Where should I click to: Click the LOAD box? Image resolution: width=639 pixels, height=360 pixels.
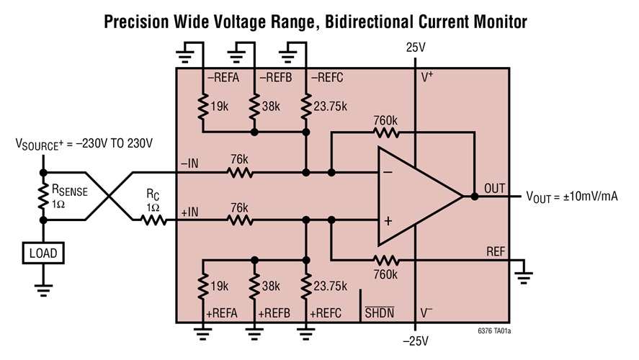coord(43,253)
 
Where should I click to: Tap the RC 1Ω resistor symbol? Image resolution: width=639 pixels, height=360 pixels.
coord(153,220)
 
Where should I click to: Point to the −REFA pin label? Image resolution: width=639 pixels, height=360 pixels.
coord(223,78)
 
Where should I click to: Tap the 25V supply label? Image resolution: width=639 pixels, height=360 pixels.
coord(416,48)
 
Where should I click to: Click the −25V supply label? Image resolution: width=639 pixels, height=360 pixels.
coord(416,341)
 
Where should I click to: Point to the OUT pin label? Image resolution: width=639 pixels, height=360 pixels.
coord(495,188)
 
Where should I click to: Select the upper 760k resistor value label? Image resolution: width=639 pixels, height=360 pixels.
coord(386,120)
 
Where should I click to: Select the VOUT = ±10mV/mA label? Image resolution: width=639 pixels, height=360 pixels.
coord(572,196)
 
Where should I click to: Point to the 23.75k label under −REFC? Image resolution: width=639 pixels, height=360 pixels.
coord(330,106)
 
